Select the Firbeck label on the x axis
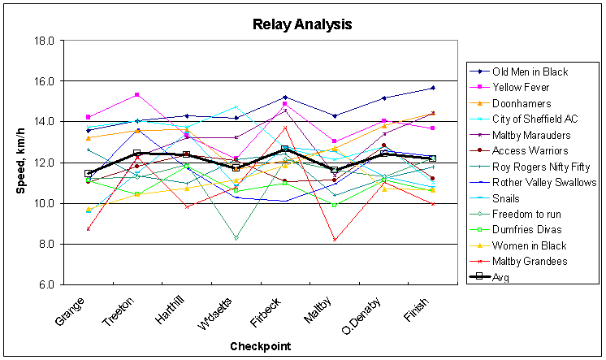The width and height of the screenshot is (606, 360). click(275, 309)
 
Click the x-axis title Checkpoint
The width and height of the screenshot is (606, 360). click(259, 346)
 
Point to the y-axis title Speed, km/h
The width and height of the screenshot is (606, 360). click(23, 163)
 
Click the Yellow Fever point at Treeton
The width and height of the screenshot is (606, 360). click(137, 95)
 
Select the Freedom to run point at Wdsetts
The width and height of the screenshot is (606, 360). click(236, 238)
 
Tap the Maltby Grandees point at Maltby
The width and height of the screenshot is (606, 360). click(335, 240)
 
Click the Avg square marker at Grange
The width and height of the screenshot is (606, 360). click(88, 173)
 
